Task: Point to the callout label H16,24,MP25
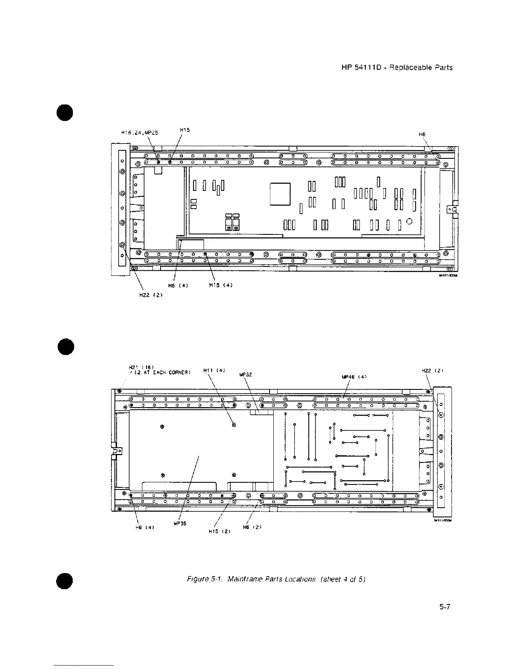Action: (140, 133)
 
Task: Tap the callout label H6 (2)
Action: (253, 527)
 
